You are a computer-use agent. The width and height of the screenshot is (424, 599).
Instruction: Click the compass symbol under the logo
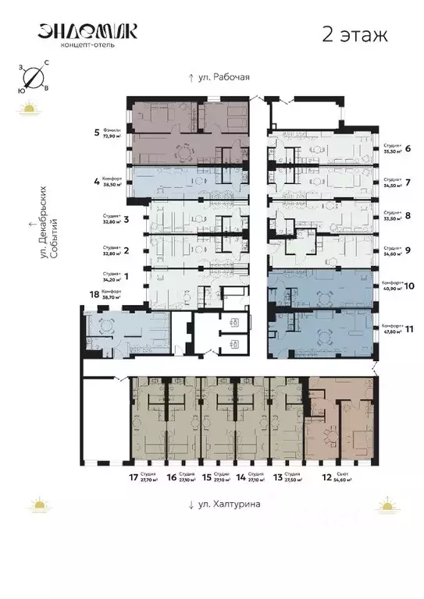click(33, 76)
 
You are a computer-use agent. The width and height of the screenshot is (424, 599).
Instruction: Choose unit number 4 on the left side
click(96, 182)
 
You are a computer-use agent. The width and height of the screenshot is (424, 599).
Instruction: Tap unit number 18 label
click(96, 295)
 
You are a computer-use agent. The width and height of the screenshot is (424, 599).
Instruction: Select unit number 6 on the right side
click(408, 148)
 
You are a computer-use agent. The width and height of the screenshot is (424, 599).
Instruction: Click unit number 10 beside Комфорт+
click(408, 286)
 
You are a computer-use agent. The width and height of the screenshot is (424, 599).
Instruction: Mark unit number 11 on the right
click(408, 328)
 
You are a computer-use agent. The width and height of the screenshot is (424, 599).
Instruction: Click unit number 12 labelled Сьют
click(326, 477)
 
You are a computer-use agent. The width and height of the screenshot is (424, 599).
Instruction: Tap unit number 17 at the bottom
click(134, 477)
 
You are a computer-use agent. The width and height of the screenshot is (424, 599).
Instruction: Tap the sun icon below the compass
click(29, 108)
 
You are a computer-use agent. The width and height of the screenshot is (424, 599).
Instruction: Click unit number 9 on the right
click(408, 250)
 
